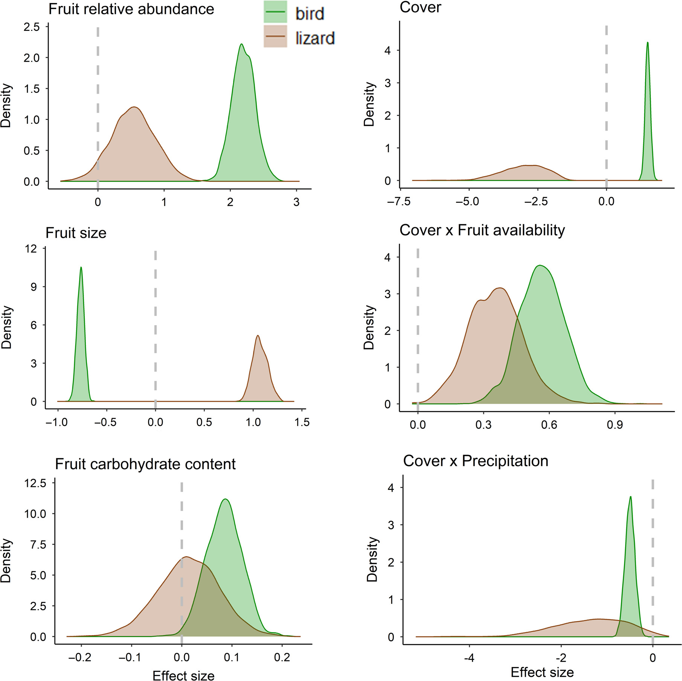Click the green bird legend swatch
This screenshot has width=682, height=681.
pyautogui.click(x=275, y=12)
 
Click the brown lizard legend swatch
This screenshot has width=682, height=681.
pyautogui.click(x=275, y=36)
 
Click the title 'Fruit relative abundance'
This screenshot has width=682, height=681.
pyautogui.click(x=131, y=9)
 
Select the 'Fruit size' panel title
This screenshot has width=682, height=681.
pyautogui.click(x=76, y=233)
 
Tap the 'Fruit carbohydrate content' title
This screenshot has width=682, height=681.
pyautogui.click(x=145, y=464)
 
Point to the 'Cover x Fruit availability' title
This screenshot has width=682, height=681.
pyautogui.click(x=482, y=230)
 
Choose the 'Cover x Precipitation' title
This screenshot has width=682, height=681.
pyautogui.click(x=475, y=461)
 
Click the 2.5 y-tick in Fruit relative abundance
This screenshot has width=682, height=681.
pyautogui.click(x=32, y=27)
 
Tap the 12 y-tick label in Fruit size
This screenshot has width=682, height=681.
pyautogui.click(x=31, y=248)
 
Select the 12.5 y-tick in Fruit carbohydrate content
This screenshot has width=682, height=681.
pyautogui.click(x=35, y=483)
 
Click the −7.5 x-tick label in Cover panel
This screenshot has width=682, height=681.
pyautogui.click(x=399, y=201)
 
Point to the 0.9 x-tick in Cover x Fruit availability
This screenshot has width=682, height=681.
pyautogui.click(x=615, y=425)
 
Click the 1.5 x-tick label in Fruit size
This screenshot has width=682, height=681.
pyautogui.click(x=302, y=422)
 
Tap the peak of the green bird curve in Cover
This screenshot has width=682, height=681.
pyautogui.click(x=647, y=43)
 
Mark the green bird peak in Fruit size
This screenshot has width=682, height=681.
pyautogui.click(x=81, y=268)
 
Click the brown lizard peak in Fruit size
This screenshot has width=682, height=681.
pyautogui.click(x=258, y=336)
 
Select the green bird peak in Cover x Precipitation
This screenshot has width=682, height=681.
pyautogui.click(x=630, y=497)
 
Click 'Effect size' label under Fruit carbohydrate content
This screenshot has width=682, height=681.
pyautogui.click(x=183, y=675)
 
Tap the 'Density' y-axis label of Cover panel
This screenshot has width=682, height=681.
pyautogui.click(x=369, y=104)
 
